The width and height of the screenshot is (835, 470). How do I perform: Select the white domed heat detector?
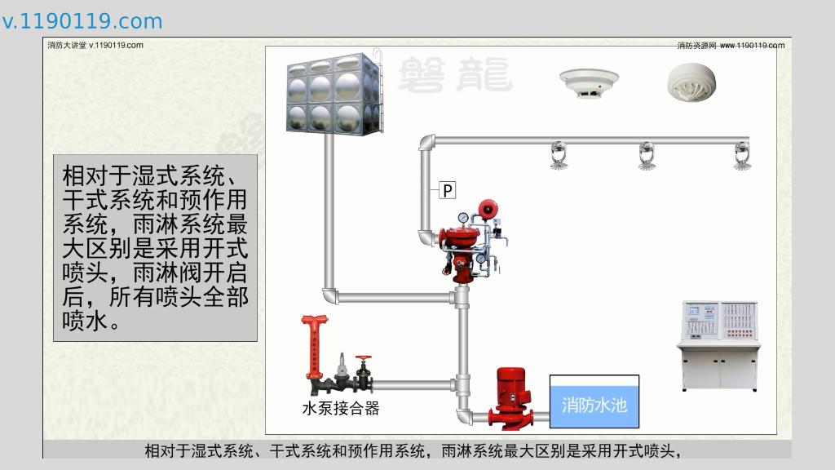click(691, 82)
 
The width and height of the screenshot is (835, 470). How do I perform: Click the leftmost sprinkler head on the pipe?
click(559, 156)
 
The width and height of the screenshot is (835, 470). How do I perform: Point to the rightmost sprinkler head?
click(742, 156)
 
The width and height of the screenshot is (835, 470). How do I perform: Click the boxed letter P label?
click(448, 191)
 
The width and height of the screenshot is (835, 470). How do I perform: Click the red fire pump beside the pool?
click(513, 397)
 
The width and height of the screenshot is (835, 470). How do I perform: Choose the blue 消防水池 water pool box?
click(594, 403)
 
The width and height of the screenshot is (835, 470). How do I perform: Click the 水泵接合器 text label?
click(341, 409)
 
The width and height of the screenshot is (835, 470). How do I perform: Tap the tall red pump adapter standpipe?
click(313, 347)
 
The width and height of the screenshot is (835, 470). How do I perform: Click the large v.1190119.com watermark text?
click(82, 21)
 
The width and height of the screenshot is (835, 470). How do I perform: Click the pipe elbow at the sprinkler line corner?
click(427, 143)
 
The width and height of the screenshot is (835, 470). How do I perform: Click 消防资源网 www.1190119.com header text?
click(731, 46)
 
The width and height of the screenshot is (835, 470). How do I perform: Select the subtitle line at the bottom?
click(413, 450)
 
